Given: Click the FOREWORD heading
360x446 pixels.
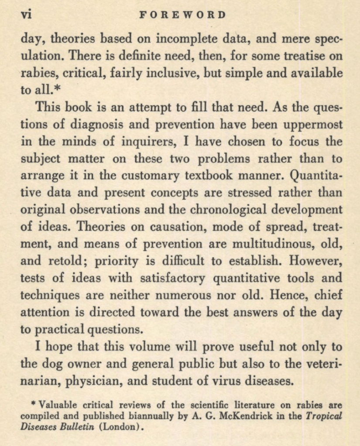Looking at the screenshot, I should pos(183,15).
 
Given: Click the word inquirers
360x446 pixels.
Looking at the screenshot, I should pos(153,142).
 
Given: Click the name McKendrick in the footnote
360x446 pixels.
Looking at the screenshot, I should pos(247,415).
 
